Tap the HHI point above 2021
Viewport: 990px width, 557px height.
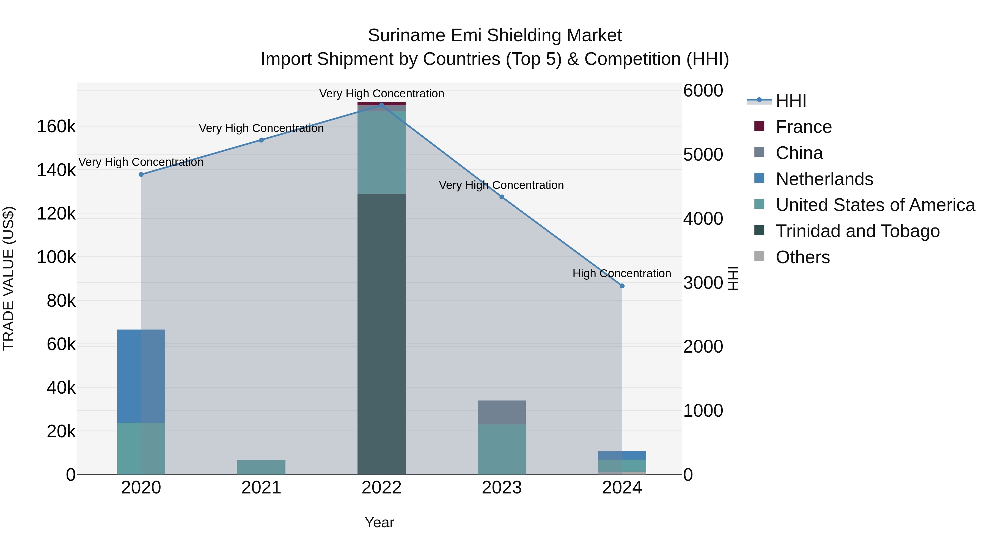coord(261,140)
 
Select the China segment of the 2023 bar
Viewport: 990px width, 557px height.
coord(502,413)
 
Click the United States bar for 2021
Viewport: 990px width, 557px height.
coord(261,467)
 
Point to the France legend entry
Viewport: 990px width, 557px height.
coord(803,127)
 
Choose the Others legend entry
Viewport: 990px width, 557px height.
coord(802,257)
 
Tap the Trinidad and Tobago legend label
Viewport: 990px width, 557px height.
coord(857,231)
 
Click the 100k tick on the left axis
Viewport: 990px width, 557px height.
coord(56,257)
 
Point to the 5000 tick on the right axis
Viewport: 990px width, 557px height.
coord(703,155)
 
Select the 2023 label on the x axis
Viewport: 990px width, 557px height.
coord(502,488)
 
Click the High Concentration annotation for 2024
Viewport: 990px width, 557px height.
coord(621,273)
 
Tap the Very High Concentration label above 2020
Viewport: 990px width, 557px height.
coord(141,162)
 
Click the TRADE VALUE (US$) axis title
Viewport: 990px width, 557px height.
coord(9,278)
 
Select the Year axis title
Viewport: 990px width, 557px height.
coord(379,522)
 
